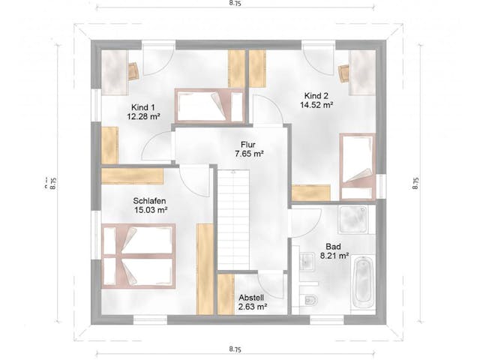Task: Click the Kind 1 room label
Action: (x=143, y=107)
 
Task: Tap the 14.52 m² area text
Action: (x=316, y=105)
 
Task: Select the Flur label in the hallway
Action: (x=248, y=145)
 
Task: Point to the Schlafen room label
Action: (x=150, y=201)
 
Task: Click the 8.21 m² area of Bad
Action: (x=334, y=256)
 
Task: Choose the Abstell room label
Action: (x=251, y=298)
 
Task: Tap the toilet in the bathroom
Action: (x=310, y=300)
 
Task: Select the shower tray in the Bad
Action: (x=353, y=220)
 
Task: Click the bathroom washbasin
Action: (x=307, y=262)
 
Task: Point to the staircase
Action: (x=234, y=220)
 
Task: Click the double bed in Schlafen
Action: (x=138, y=256)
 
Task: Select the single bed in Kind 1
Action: (x=210, y=106)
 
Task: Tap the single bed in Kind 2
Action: (x=357, y=166)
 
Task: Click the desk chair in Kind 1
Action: (x=133, y=71)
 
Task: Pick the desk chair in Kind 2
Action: (x=343, y=73)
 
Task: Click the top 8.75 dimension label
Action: (x=235, y=3)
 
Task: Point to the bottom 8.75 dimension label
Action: (x=235, y=349)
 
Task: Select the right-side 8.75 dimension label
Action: (x=415, y=183)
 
